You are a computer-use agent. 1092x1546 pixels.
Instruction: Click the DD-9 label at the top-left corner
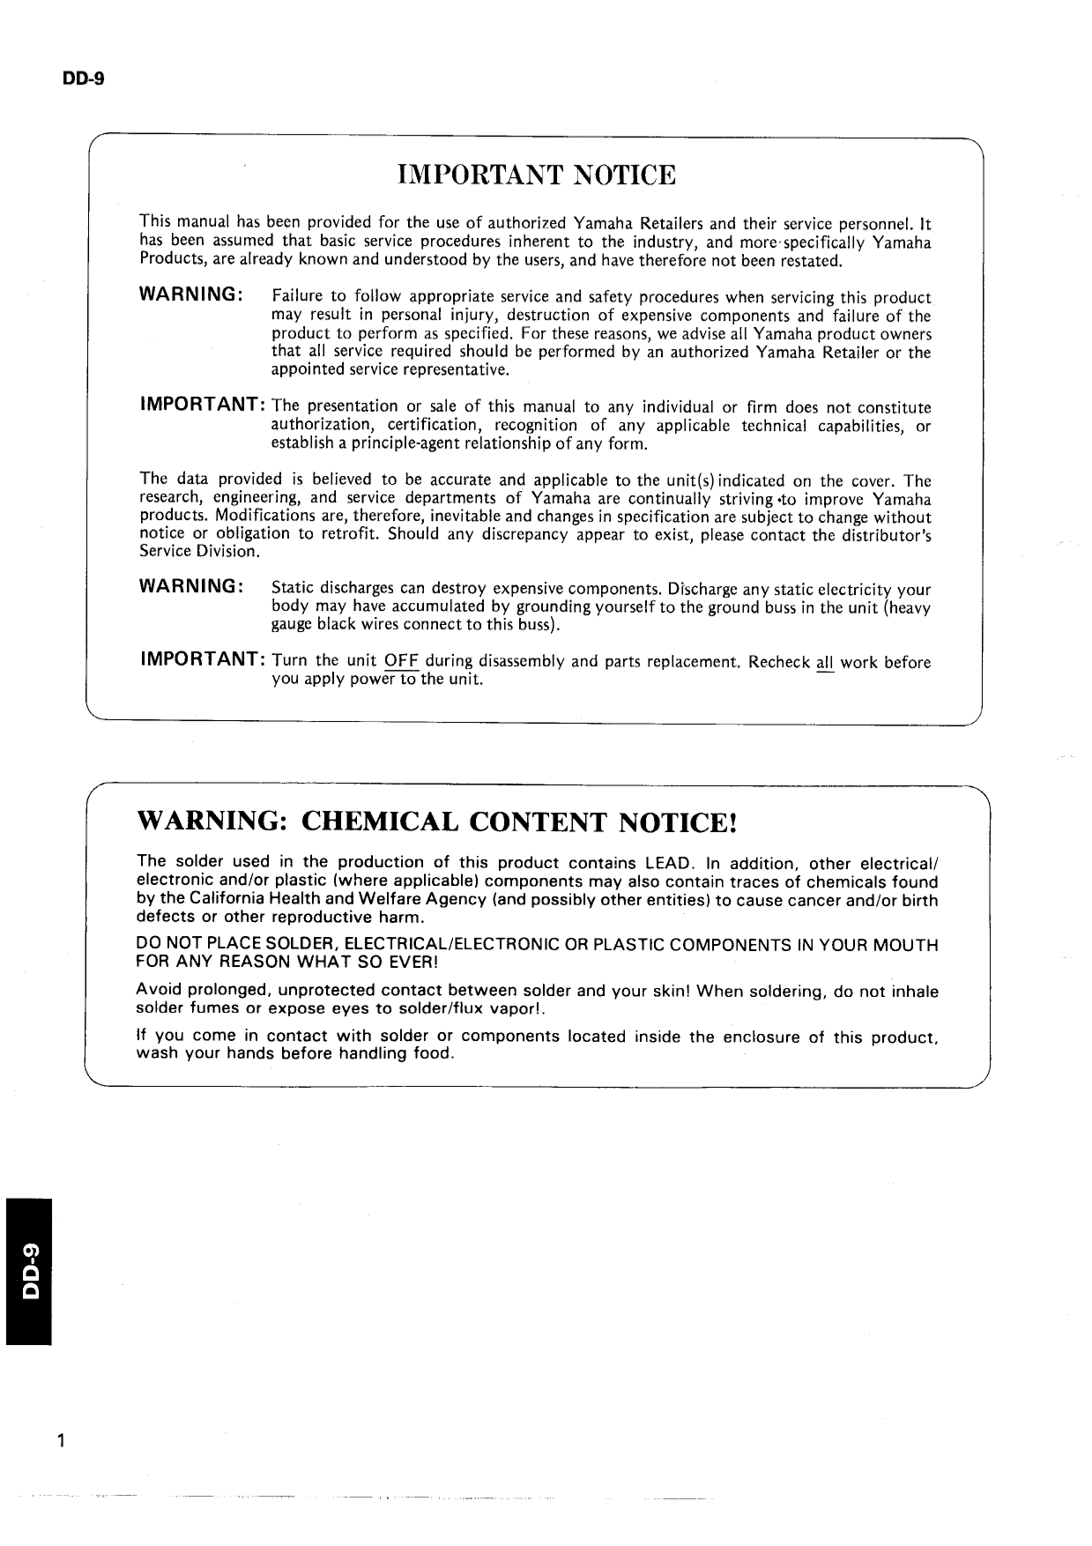point(83,78)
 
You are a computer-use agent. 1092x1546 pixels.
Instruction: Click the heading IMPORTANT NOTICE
point(537,175)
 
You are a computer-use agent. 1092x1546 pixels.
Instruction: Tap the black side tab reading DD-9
point(29,1270)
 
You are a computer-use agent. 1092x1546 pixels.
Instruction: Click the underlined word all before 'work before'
point(825,662)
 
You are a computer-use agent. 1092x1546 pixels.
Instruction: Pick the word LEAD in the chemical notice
point(672,863)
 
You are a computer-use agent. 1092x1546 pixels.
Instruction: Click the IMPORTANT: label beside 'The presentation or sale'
point(204,405)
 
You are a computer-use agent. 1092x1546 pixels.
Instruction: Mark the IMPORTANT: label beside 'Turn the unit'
point(204,660)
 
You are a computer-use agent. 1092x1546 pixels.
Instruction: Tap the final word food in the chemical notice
point(432,1055)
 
